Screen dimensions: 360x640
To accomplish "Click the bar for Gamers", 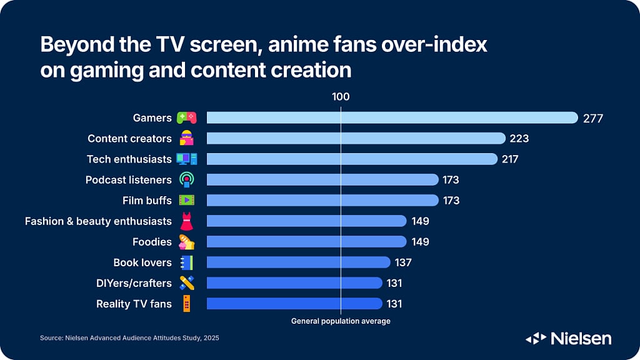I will [392, 117].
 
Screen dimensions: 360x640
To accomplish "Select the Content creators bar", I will [356, 138].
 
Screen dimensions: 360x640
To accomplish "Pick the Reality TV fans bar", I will [294, 304].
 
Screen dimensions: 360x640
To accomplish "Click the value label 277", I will [592, 117].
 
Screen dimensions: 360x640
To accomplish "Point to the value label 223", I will [519, 138].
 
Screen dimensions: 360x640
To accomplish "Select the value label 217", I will [510, 159].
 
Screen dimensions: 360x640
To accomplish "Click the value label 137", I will [403, 262].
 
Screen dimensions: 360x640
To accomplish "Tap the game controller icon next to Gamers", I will [186, 117].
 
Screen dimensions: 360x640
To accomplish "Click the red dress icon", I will [186, 221].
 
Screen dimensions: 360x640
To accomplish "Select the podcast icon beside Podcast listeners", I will [186, 180].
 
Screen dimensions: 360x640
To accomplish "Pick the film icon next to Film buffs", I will [186, 201].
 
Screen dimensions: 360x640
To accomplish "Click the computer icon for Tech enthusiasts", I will [186, 159].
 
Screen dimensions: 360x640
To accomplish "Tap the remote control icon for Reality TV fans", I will [186, 304].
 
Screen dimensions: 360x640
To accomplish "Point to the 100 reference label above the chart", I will [341, 97].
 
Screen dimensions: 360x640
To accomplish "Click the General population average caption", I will [341, 321].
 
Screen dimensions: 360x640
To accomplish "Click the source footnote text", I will [129, 338].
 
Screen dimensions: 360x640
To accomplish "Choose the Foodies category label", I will [152, 242].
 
